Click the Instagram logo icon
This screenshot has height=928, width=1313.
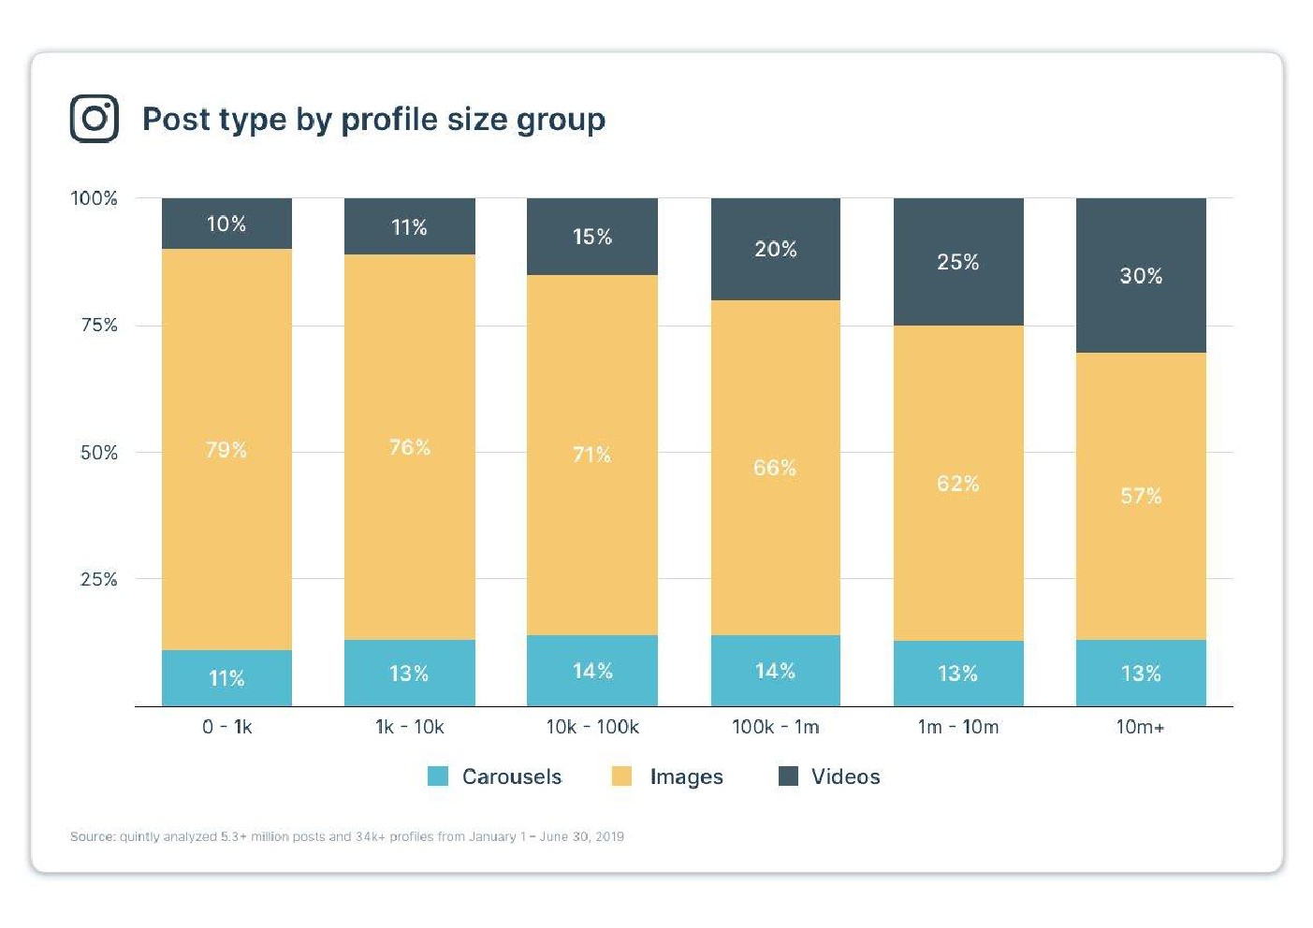95,119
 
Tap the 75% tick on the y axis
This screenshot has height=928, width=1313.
99,325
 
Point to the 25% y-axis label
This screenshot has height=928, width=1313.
99,579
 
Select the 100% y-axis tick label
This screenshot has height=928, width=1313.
95,198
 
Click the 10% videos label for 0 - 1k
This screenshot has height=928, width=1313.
226,225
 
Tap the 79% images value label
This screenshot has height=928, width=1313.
226,450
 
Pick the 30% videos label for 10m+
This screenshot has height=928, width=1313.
1141,276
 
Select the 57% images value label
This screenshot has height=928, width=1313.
1141,496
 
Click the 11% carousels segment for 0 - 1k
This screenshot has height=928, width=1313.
226,678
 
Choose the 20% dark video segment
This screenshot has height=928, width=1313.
776,249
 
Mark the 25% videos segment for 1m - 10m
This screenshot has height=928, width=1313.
958,262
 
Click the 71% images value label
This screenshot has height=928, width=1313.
592,455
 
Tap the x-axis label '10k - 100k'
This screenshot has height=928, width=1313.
592,727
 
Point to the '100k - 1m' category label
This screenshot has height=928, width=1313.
776,727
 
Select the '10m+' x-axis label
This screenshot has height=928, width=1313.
1140,727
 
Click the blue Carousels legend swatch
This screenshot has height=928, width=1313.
438,776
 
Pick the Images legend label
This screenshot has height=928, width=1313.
686,777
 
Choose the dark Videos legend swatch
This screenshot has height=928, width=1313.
789,776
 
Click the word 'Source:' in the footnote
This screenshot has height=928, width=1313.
93,836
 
